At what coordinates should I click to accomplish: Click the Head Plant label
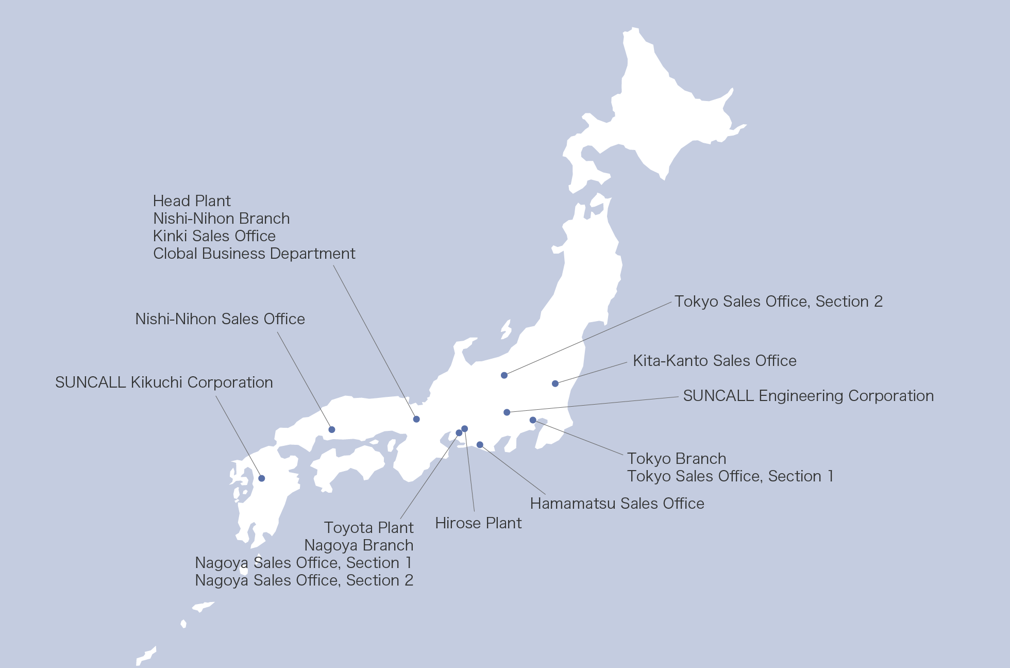(x=192, y=201)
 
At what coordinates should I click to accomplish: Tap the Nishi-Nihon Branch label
(x=221, y=219)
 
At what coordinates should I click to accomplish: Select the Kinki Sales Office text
(x=214, y=236)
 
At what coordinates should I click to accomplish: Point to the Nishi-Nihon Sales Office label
(x=220, y=319)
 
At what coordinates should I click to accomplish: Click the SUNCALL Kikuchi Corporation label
(x=164, y=382)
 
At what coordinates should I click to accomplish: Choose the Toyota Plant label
(x=368, y=528)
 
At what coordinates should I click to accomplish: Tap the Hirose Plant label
(x=478, y=523)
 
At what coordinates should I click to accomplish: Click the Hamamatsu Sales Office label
(x=617, y=504)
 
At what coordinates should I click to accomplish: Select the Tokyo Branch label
(x=677, y=459)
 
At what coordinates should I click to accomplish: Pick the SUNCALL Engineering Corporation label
(x=808, y=396)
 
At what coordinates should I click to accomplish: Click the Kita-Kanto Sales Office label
(x=714, y=361)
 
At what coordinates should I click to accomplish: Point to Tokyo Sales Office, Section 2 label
(x=778, y=302)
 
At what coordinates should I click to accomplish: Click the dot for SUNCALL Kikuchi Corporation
(x=262, y=478)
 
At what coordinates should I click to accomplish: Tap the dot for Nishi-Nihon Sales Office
(x=332, y=429)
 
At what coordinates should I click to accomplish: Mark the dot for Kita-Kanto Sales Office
(x=555, y=383)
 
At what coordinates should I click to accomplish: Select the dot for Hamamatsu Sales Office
(x=480, y=445)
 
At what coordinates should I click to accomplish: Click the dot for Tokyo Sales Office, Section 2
(x=504, y=375)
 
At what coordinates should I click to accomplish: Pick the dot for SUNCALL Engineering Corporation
(x=507, y=412)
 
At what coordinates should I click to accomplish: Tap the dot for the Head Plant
(x=416, y=419)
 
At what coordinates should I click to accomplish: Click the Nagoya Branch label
(x=359, y=545)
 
